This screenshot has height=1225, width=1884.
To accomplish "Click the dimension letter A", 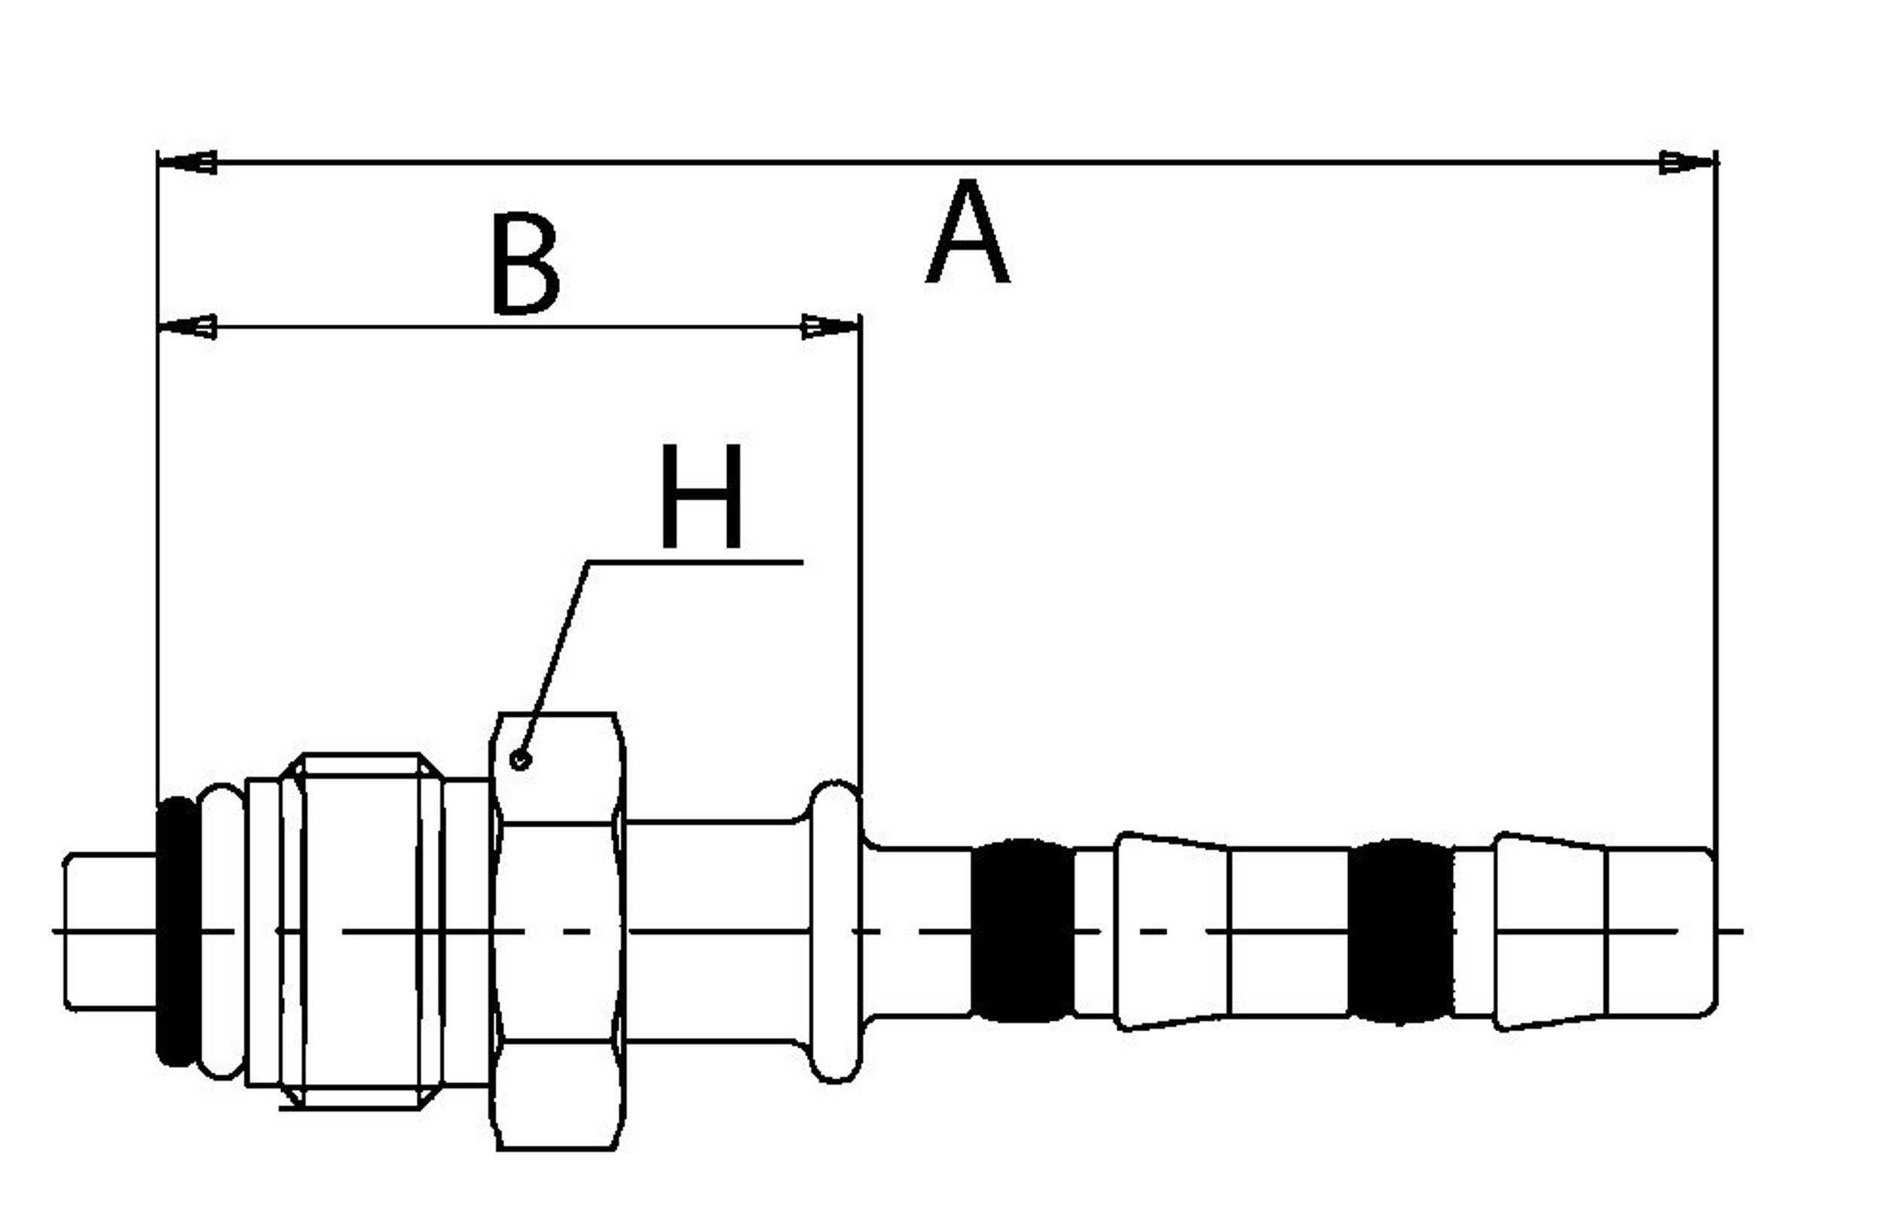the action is pyautogui.click(x=968, y=231).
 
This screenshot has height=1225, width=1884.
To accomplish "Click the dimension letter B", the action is pyautogui.click(x=525, y=264).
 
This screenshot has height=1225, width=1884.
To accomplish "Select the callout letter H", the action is pyautogui.click(x=702, y=495).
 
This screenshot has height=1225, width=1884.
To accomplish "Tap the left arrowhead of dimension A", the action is pyautogui.click(x=187, y=162).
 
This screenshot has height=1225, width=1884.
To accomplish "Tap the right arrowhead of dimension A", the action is pyautogui.click(x=1687, y=162).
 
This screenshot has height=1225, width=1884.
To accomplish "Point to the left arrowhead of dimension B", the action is pyautogui.click(x=187, y=326).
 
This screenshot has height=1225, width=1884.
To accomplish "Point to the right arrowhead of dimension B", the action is pyautogui.click(x=831, y=326).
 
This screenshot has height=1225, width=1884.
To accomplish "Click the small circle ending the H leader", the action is pyautogui.click(x=520, y=760).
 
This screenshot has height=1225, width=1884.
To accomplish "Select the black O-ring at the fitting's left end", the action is pyautogui.click(x=178, y=931).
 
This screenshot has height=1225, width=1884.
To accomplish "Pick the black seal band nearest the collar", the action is pyautogui.click(x=1022, y=930).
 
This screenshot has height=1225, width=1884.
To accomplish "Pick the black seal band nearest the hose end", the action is pyautogui.click(x=1400, y=931).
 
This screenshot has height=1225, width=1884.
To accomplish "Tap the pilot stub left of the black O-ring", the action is pyautogui.click(x=111, y=931).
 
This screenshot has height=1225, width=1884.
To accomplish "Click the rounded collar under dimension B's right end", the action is pyautogui.click(x=834, y=931).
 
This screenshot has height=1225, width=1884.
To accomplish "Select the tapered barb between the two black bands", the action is pyautogui.click(x=1172, y=931).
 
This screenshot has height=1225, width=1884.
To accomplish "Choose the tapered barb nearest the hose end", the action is pyautogui.click(x=1550, y=931).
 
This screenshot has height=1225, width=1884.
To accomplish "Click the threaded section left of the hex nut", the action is pyautogui.click(x=361, y=931).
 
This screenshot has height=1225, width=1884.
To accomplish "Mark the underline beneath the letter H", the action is pyautogui.click(x=695, y=562).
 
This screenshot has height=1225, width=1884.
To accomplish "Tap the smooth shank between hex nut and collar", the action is pyautogui.click(x=717, y=931).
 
